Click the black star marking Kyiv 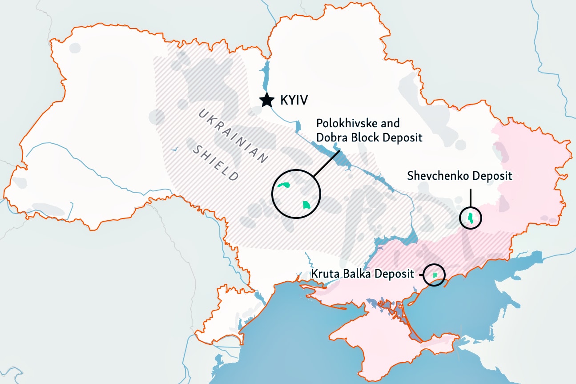pyautogui.click(x=266, y=100)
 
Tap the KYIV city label pyautogui.click(x=294, y=100)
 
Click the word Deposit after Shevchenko pyautogui.click(x=492, y=176)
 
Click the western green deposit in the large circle pyautogui.click(x=283, y=185)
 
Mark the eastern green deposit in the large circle pyautogui.click(x=306, y=205)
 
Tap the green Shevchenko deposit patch pyautogui.click(x=471, y=218)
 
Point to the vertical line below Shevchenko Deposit pyautogui.click(x=471, y=198)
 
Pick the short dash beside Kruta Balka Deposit pyautogui.click(x=420, y=275)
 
